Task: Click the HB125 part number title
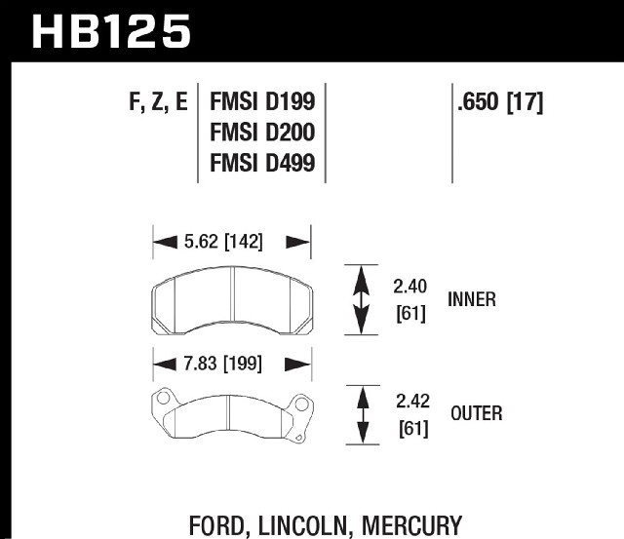coord(111,31)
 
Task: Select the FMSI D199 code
coord(262,101)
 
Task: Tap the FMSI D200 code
coord(262,132)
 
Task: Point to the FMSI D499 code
coord(262,163)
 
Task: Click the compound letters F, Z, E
coord(158,102)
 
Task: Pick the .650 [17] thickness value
coord(500,102)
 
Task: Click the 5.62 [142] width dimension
coord(223,242)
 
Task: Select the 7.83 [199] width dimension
coord(223,364)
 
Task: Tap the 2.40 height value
coord(409,287)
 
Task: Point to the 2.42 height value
coord(412,402)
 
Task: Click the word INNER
coord(472,299)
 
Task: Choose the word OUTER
coord(477,413)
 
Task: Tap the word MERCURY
coord(411,526)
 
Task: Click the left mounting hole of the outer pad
coord(163,398)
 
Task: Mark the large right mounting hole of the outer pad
coord(301,404)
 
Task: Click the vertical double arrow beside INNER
coord(361,299)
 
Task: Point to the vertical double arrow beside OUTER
coord(363,415)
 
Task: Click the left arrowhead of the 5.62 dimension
coord(165,242)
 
